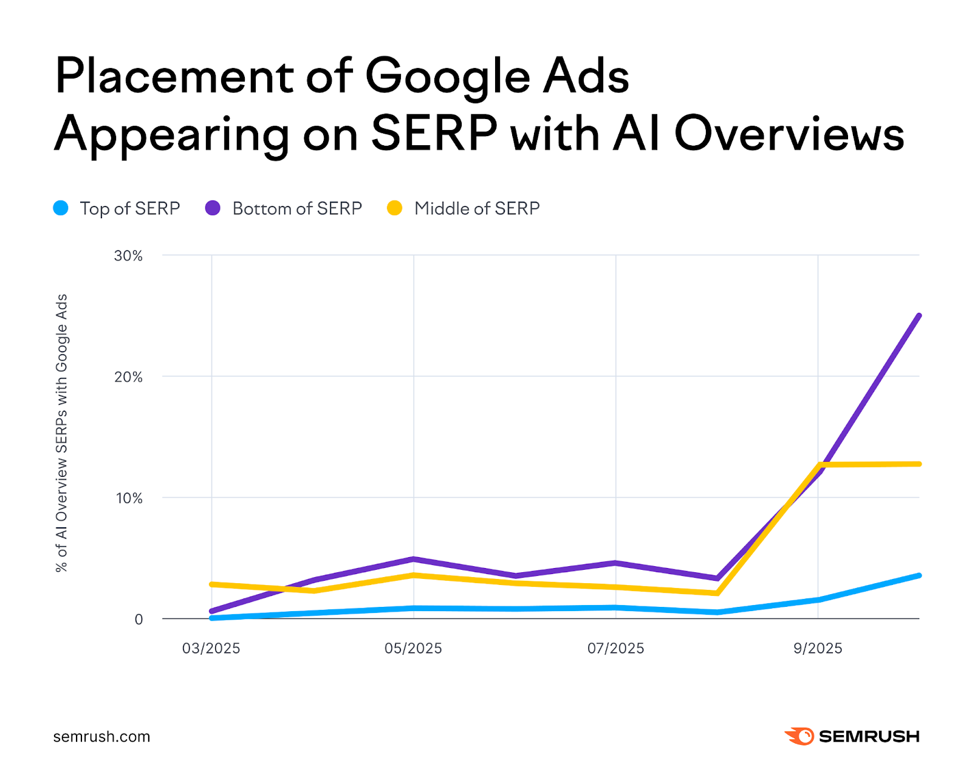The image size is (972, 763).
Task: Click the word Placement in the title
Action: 173,77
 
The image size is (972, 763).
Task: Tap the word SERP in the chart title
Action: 434,134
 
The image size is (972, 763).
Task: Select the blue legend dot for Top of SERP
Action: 61,208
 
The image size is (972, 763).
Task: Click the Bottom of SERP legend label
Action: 296,208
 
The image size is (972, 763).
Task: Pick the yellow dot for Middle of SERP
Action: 395,208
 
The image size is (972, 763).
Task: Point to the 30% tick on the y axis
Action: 128,256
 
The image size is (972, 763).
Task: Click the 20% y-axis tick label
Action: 128,377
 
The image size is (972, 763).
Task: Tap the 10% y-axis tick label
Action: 128,498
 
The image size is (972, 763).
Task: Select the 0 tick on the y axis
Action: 139,620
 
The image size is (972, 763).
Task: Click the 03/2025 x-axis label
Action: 211,648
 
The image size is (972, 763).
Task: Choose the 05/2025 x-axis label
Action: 413,648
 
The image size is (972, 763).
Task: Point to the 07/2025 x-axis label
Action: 615,648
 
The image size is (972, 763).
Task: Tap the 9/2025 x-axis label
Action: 818,648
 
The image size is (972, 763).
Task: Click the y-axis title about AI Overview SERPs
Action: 61,433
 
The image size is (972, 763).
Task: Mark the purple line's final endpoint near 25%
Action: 919,316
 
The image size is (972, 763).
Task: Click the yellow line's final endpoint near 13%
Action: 919,464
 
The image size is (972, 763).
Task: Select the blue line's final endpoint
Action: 919,575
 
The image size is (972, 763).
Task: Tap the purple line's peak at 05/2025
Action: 413,559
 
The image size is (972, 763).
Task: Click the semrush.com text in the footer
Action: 101,736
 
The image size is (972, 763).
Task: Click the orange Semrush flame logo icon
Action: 800,736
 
